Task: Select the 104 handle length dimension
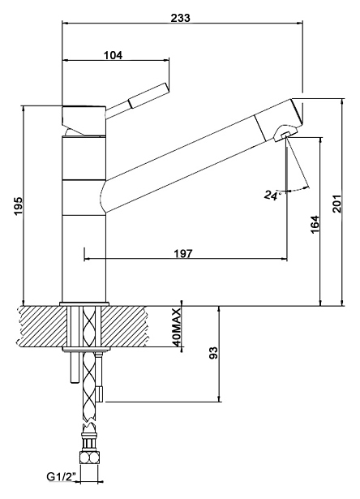point(113,55)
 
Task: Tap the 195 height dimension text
point(19,205)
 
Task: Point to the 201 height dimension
point(336,204)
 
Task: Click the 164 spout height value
point(315,225)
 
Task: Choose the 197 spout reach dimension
point(183,254)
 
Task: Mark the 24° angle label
point(272,195)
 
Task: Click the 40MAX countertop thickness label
point(177,328)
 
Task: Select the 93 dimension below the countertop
point(214,353)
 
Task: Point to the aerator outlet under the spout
point(284,135)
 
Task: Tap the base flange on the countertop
point(84,304)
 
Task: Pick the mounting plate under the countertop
point(87,350)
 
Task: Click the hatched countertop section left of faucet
point(41,326)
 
